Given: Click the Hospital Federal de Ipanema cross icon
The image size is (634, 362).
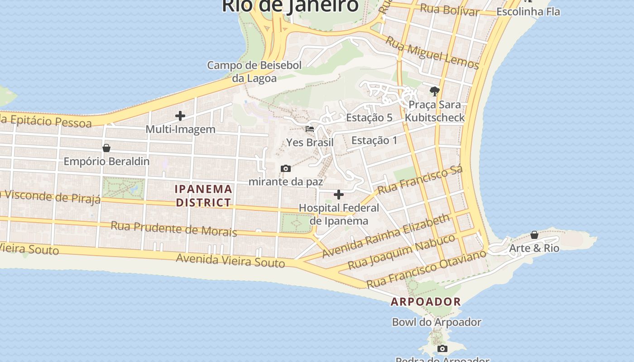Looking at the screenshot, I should (x=339, y=195).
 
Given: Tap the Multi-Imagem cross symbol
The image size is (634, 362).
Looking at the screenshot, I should (x=180, y=116).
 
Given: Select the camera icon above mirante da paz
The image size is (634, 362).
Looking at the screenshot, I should (x=286, y=168).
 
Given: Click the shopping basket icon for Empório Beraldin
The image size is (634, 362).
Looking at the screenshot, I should (x=106, y=148).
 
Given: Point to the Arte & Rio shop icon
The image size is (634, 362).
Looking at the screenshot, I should (x=534, y=235).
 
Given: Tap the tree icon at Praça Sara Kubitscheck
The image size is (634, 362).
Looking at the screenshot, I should (x=435, y=91).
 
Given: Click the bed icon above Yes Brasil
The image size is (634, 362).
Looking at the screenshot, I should (x=310, y=129).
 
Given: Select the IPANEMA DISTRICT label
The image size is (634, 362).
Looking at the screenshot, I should (x=204, y=195).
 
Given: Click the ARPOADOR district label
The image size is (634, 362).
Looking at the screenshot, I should (x=426, y=301).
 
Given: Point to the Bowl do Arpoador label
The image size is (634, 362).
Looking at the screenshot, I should (x=437, y=322).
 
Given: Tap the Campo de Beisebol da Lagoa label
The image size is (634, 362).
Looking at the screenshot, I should (x=254, y=71).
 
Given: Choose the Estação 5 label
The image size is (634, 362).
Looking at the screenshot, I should (x=369, y=118).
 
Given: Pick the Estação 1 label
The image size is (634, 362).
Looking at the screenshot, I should (x=374, y=140).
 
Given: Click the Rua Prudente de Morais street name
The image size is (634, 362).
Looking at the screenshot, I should (x=174, y=229).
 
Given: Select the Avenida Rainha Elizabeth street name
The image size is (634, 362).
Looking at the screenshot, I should (x=386, y=236).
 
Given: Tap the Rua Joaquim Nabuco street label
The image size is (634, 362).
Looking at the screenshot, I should (x=401, y=252).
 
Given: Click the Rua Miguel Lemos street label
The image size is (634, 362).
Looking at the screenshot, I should (x=432, y=53).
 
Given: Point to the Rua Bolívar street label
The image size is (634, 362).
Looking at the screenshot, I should (x=449, y=10).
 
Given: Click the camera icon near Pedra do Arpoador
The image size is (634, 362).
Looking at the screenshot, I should (x=442, y=348).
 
